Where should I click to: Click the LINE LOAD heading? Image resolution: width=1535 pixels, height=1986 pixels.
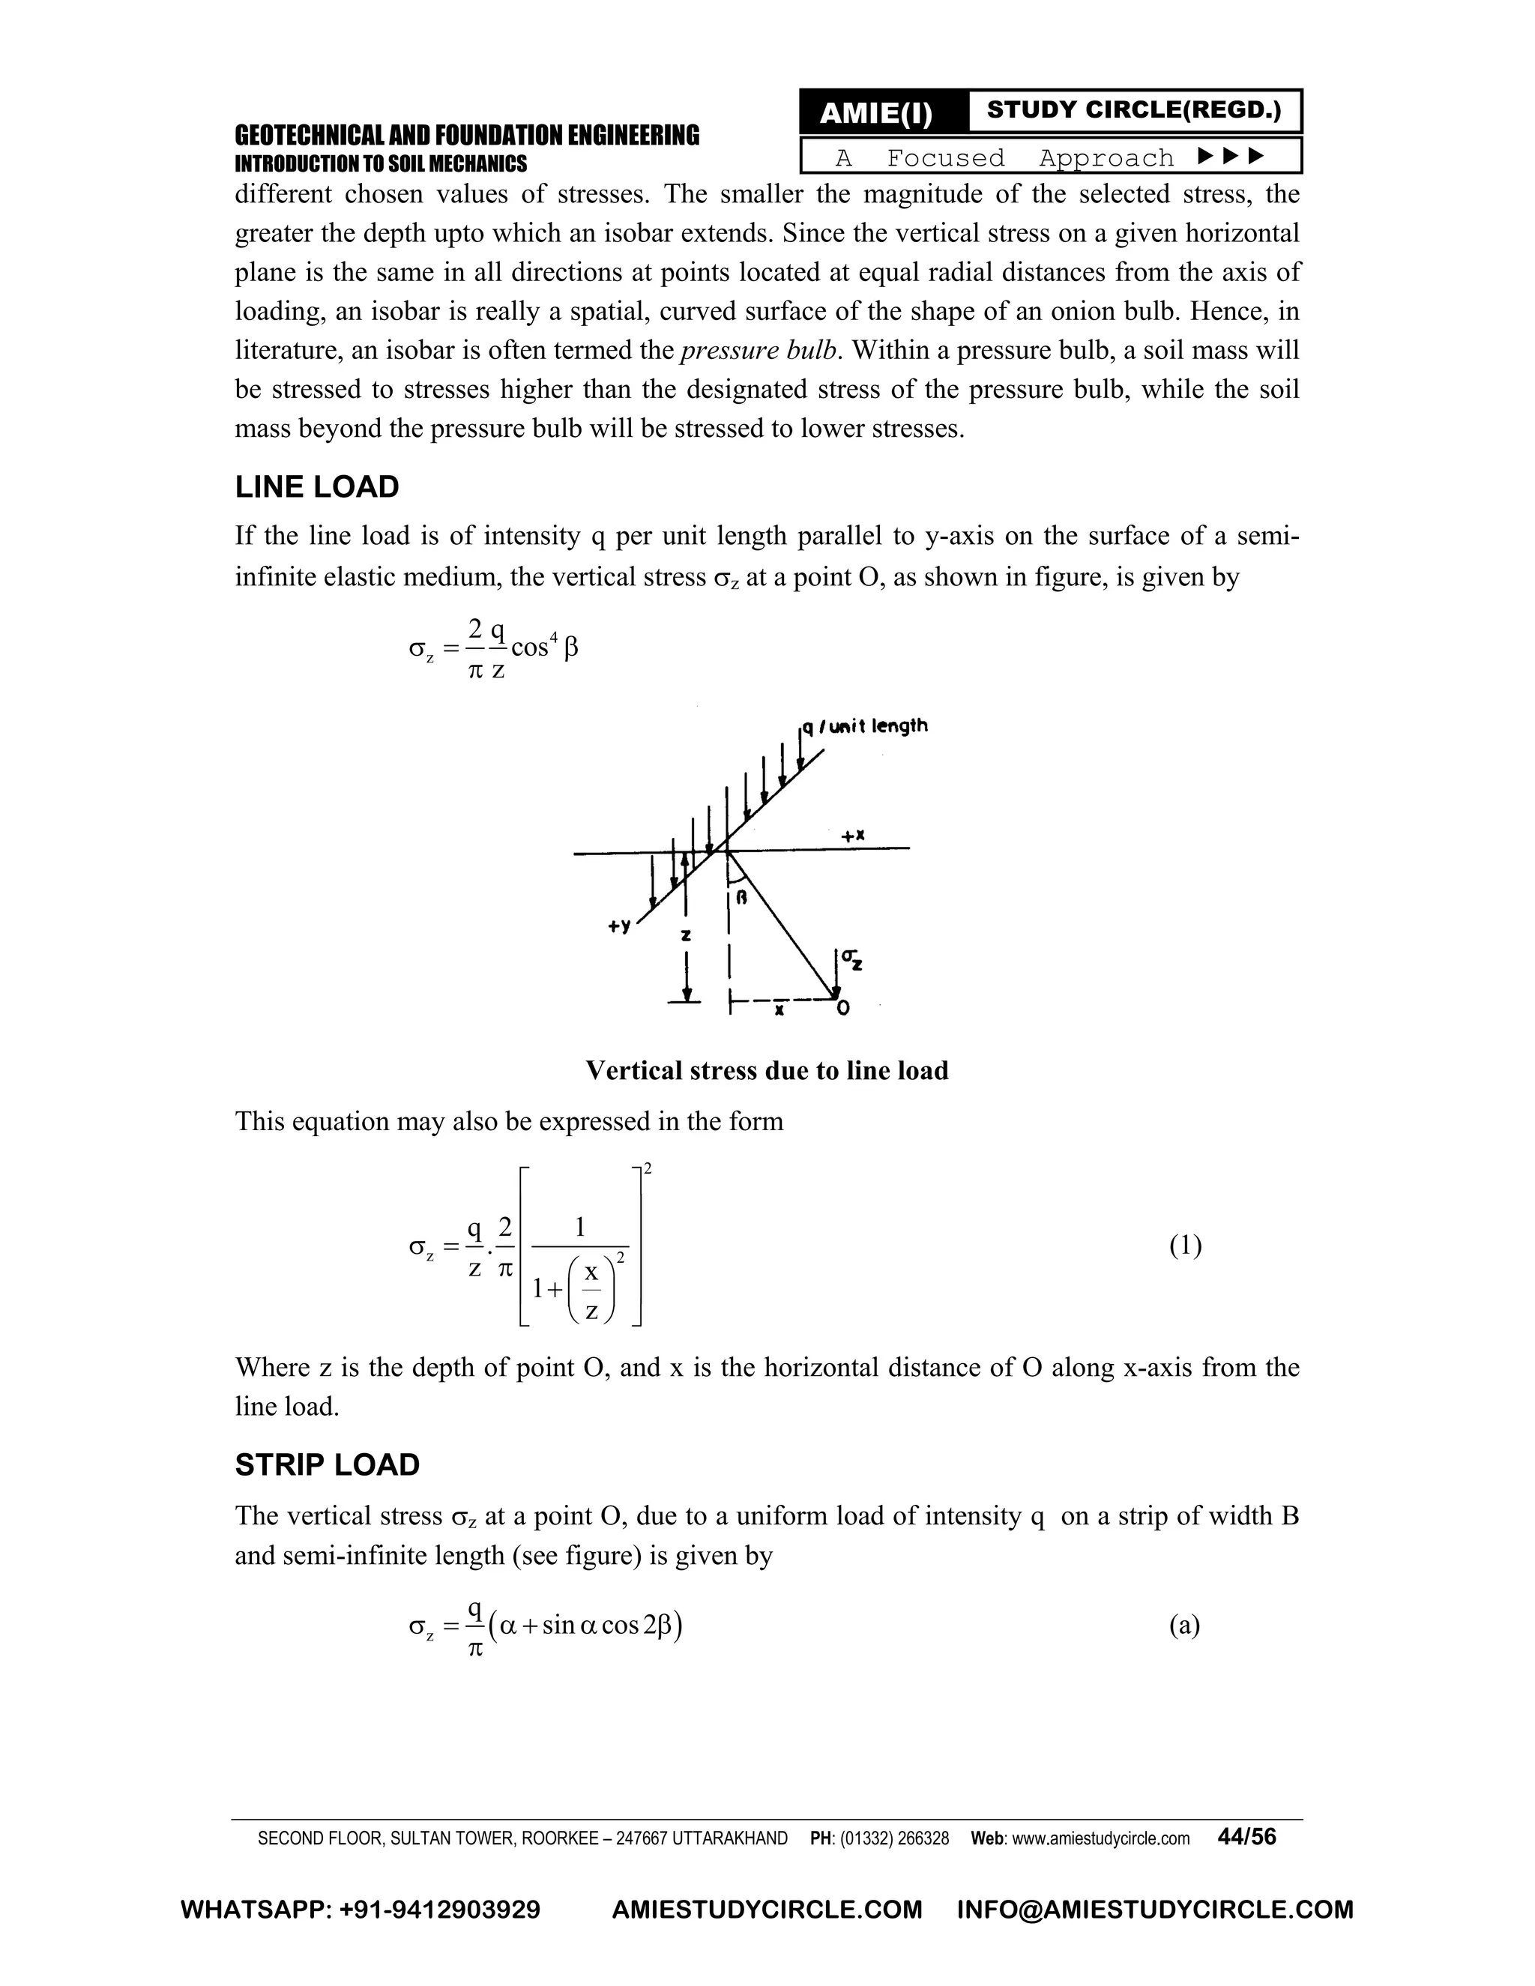pos(316,487)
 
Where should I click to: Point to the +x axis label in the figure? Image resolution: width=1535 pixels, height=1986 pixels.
pos(852,835)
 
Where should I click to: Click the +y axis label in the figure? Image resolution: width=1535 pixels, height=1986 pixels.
pos(619,926)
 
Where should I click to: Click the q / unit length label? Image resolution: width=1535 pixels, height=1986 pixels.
pos(864,725)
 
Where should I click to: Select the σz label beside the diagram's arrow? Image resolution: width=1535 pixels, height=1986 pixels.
pos(852,959)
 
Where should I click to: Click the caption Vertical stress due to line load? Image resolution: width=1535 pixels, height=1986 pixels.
pos(767,1070)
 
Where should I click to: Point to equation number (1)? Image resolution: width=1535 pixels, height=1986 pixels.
pos(1185,1245)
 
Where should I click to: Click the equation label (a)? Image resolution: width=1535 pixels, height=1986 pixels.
pos(1184,1625)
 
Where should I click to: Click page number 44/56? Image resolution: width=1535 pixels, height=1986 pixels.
pos(1246,1836)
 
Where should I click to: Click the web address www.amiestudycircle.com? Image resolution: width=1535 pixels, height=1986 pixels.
pos(1100,1838)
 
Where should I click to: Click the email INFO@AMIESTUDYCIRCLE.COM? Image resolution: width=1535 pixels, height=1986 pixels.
pos(1155,1910)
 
